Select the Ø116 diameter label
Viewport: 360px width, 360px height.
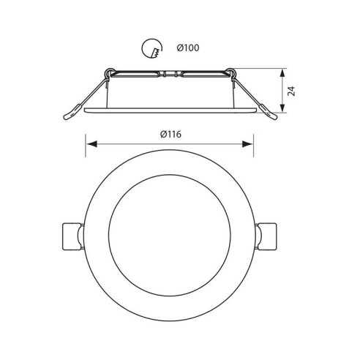170,133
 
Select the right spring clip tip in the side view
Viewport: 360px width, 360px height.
271,113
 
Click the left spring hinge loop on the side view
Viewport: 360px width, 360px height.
110,72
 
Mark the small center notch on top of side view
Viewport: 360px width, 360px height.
169,74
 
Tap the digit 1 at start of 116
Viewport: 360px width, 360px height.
168,133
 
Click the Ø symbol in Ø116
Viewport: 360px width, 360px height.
161,133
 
